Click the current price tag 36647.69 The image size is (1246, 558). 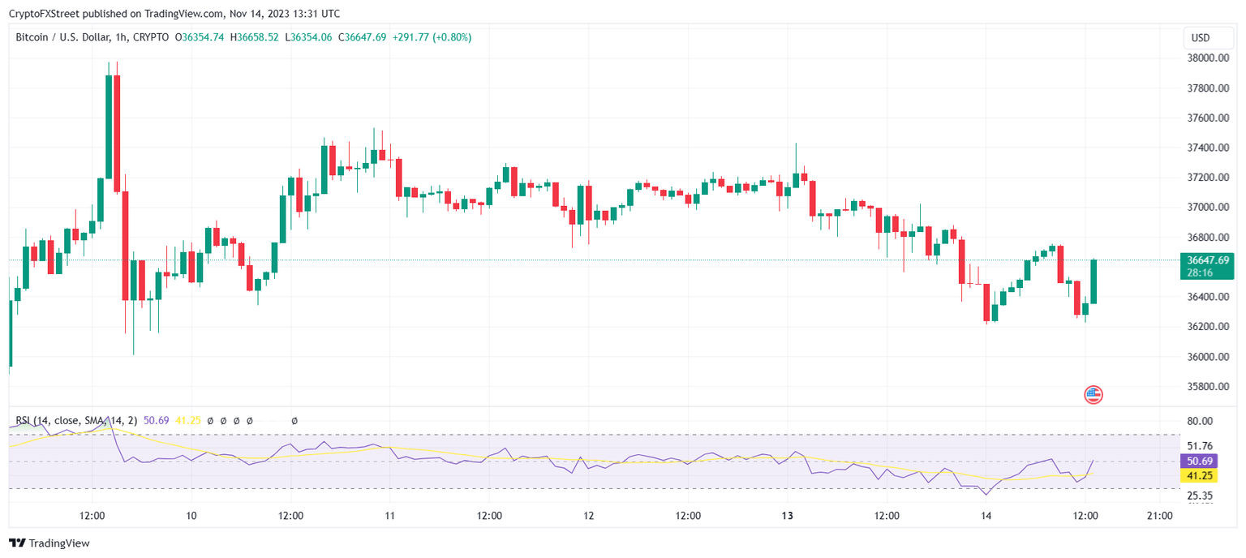[x=1208, y=260]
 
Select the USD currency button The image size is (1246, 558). [x=1200, y=38]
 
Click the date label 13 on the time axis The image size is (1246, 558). [x=787, y=516]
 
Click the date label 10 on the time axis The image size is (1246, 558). [x=191, y=516]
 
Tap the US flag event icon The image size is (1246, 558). [x=1093, y=395]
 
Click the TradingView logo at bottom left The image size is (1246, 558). [x=49, y=543]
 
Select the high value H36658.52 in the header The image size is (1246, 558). [x=255, y=37]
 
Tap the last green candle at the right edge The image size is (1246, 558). [x=1093, y=281]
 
